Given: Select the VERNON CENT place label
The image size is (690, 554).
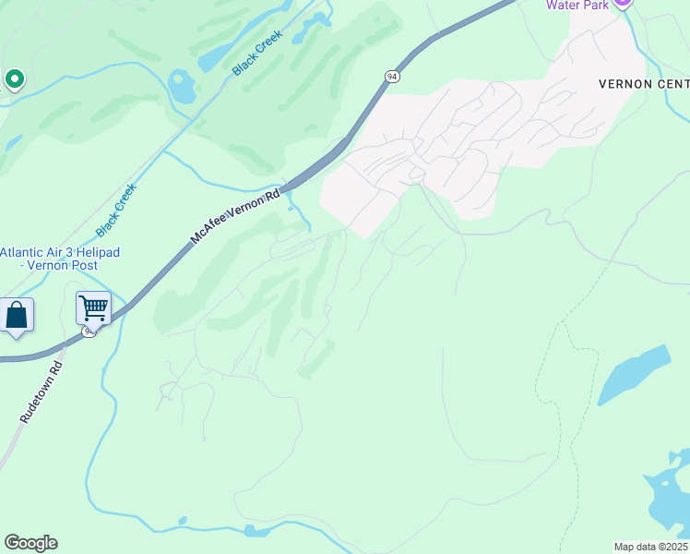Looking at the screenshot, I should tap(643, 82).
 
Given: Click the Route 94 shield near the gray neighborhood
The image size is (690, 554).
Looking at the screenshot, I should tap(393, 77).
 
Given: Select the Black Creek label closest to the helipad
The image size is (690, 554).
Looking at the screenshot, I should tap(116, 209).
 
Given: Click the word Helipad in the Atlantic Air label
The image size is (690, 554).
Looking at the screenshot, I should tap(96, 252).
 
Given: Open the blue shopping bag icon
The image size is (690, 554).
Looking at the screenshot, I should tap(17, 316).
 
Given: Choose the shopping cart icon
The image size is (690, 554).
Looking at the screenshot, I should tap(93, 307).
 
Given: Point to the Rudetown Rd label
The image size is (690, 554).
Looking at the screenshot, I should tap(41, 391).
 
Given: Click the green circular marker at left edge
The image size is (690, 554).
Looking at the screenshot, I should tap(14, 80).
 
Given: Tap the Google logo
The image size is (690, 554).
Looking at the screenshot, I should tap(30, 543).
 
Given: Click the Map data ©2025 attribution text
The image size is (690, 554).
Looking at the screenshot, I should tap(650, 546).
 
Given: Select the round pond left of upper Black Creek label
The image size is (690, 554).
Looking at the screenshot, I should tap(182, 88).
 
